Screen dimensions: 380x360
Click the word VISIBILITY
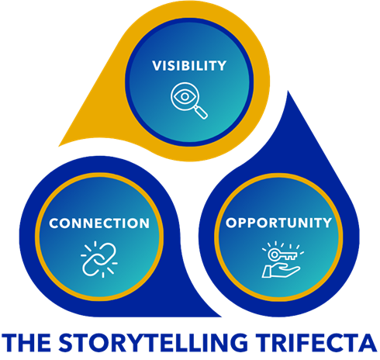click(x=189, y=66)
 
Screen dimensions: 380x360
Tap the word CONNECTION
click(x=99, y=223)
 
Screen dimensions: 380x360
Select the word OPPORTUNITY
click(x=278, y=223)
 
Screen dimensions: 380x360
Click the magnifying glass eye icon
click(x=189, y=100)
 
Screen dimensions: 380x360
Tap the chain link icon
click(x=99, y=259)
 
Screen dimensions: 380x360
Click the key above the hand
click(x=282, y=255)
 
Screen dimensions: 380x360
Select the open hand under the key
click(x=281, y=272)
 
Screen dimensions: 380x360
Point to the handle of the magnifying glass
click(x=202, y=112)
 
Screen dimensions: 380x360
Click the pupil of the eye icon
click(x=185, y=96)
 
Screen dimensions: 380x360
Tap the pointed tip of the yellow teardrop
click(x=59, y=146)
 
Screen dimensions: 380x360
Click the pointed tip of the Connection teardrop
click(x=221, y=317)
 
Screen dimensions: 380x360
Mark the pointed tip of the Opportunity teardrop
click(x=288, y=92)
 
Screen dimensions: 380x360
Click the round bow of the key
click(x=273, y=254)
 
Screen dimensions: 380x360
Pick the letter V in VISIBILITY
click(x=157, y=66)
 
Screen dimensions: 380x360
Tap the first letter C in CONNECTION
click(x=54, y=223)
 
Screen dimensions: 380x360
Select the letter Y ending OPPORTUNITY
click(x=326, y=223)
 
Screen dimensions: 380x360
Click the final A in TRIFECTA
click(x=369, y=342)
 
